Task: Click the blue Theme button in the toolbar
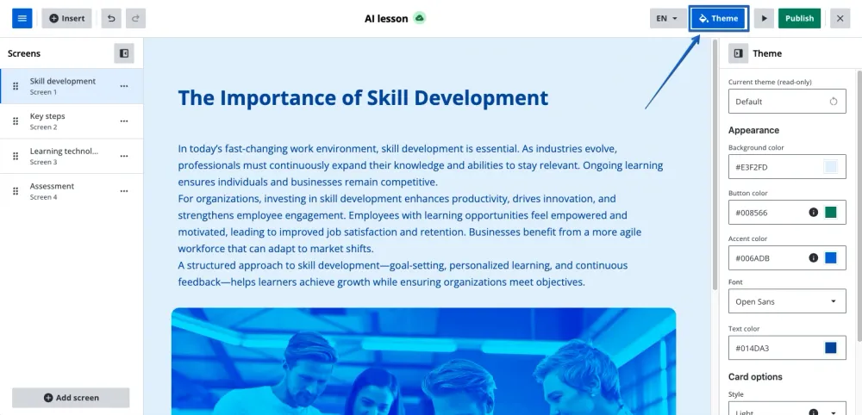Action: tap(719, 18)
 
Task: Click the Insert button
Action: tap(66, 18)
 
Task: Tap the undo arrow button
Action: tap(111, 18)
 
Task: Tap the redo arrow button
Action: tap(135, 18)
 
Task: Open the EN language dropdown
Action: tap(667, 18)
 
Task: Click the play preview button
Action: tap(764, 18)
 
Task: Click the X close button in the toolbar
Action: tap(840, 18)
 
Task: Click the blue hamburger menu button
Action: tap(22, 18)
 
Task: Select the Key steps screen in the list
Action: tap(72, 121)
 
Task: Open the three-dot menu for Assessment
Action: tap(124, 191)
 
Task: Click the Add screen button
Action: tap(71, 398)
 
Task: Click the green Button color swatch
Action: tap(831, 213)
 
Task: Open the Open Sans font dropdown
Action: tap(787, 300)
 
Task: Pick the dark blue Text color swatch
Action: tap(831, 348)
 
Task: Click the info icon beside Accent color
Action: tap(814, 257)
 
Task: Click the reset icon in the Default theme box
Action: tap(834, 102)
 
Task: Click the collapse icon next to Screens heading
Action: tap(124, 53)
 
